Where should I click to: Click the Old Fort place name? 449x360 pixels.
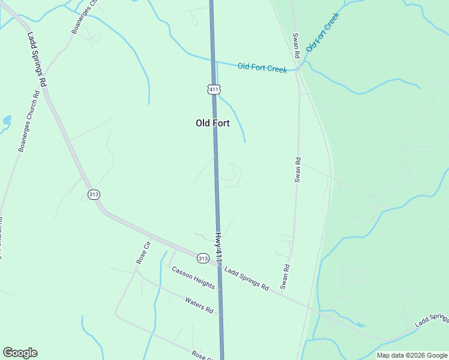212,123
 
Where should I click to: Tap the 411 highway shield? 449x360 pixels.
214,89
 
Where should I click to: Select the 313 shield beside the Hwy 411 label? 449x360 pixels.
203,258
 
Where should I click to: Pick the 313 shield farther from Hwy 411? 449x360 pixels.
93,194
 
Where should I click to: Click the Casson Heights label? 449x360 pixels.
193,277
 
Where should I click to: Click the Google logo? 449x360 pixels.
20,353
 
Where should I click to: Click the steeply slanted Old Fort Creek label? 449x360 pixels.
322,31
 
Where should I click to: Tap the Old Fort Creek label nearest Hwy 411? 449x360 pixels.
262,68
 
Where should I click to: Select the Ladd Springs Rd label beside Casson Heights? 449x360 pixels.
247,278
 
